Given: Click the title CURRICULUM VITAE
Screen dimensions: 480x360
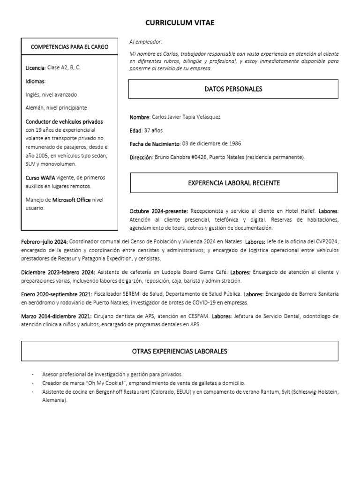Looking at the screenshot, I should click(x=180, y=22).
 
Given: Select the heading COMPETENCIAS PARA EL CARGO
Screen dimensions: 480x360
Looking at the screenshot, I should click(x=69, y=47).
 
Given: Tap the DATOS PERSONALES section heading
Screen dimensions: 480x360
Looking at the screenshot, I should click(x=233, y=89).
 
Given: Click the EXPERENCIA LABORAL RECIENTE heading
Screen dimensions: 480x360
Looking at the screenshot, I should click(x=234, y=183).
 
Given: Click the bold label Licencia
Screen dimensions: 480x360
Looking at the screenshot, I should click(x=35, y=68).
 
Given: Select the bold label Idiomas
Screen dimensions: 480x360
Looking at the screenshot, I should click(x=35, y=82).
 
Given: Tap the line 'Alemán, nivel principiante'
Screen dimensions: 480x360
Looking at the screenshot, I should click(x=56, y=108).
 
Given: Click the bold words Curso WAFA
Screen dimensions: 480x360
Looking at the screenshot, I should click(x=40, y=178).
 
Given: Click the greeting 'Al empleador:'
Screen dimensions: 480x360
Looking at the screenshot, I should click(x=145, y=42).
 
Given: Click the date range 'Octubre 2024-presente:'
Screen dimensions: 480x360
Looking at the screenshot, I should click(x=159, y=211).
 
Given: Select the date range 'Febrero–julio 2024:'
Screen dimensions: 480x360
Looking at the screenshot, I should click(x=45, y=241).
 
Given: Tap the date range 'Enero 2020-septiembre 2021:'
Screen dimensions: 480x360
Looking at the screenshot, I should click(x=57, y=294).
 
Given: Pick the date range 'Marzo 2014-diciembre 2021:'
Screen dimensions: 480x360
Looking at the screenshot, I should click(x=57, y=316).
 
